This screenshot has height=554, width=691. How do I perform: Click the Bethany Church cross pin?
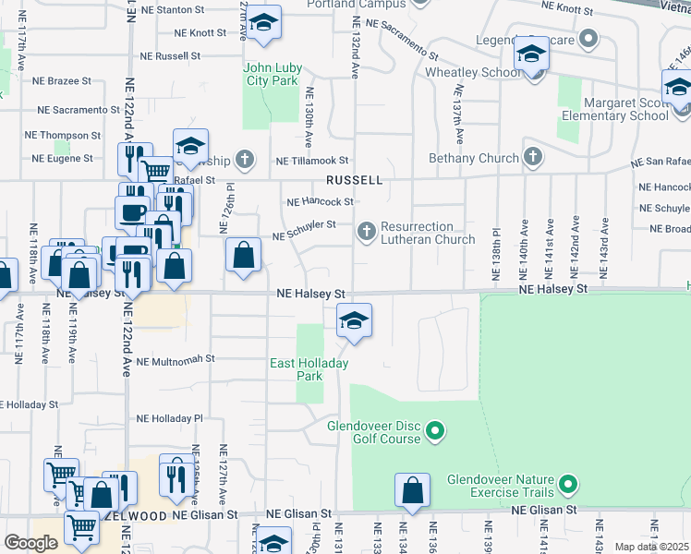click(x=531, y=158)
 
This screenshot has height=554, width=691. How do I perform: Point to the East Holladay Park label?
click(x=309, y=369)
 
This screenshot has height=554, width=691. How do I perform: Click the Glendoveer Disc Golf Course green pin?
click(x=437, y=430)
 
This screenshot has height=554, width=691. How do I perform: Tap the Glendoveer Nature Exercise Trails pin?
click(x=568, y=482)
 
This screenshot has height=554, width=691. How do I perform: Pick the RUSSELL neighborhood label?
click(x=353, y=181)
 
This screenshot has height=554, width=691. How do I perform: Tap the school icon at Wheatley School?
click(x=531, y=57)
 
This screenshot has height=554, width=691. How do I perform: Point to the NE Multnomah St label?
click(x=175, y=359)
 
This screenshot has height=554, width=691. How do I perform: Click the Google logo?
click(x=30, y=543)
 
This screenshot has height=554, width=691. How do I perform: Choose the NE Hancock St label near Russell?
click(x=321, y=201)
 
